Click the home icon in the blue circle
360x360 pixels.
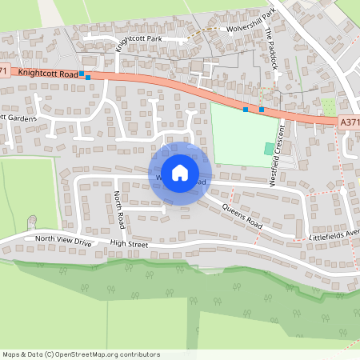click(x=180, y=172)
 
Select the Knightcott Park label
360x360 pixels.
click(x=140, y=38)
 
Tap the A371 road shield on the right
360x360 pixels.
click(x=349, y=122)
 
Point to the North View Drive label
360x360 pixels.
click(x=63, y=240)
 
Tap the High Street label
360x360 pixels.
click(x=130, y=243)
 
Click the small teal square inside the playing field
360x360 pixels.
click(x=269, y=149)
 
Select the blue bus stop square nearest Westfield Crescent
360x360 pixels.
click(x=262, y=109)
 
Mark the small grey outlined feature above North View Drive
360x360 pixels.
click(x=33, y=221)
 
